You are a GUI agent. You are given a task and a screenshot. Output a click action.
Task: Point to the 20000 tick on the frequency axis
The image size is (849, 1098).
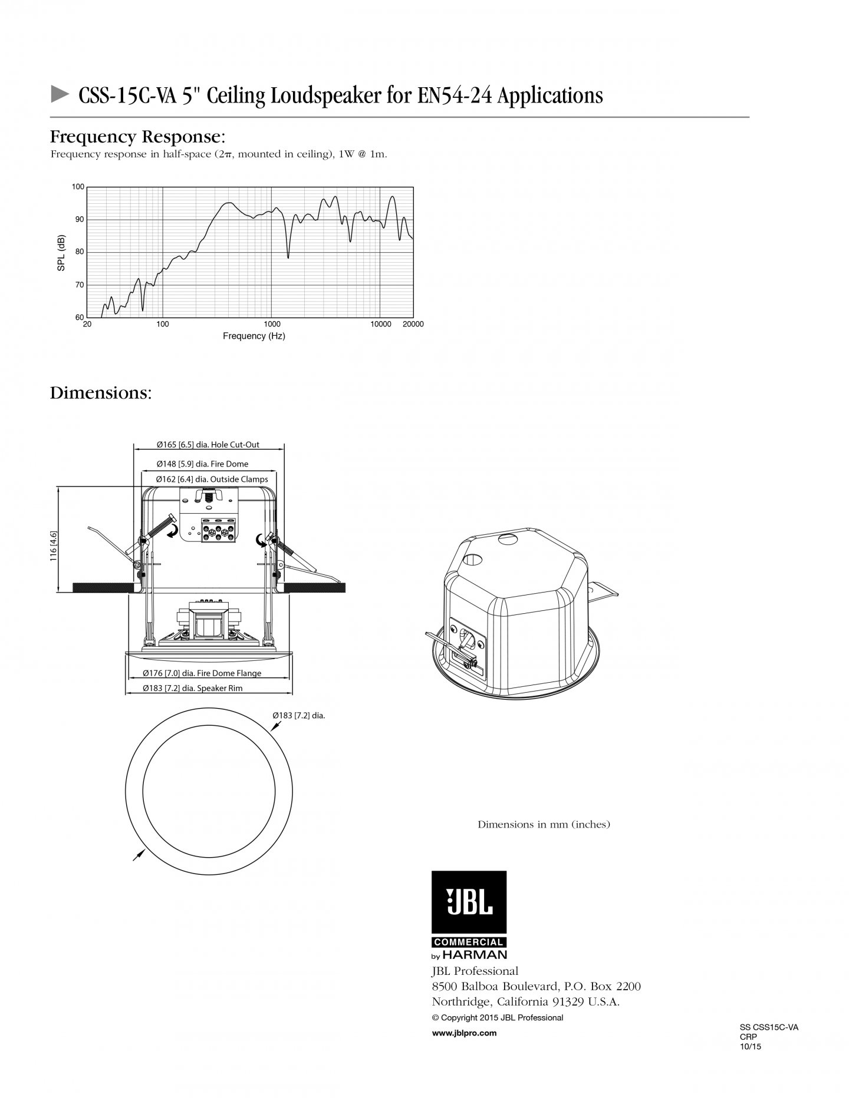[x=412, y=324]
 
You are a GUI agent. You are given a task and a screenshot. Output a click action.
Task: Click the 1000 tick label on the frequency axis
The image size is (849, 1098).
[x=272, y=324]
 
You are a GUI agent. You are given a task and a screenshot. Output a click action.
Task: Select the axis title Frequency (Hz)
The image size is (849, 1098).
[x=254, y=336]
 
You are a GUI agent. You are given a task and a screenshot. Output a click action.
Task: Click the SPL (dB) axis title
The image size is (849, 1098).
[x=61, y=253]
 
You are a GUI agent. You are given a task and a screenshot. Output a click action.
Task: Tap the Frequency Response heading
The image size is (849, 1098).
[x=137, y=137]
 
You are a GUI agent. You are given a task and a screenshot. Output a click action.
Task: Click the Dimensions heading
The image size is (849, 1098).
[x=101, y=393]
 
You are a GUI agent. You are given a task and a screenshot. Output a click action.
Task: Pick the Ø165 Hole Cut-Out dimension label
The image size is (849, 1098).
[x=208, y=445]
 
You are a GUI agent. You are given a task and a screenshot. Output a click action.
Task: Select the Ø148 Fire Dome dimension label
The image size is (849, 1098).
[x=202, y=464]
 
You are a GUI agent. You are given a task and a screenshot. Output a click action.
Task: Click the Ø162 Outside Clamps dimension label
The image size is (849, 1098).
[x=212, y=479]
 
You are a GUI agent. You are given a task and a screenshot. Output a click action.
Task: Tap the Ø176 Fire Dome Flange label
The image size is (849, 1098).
[x=202, y=673]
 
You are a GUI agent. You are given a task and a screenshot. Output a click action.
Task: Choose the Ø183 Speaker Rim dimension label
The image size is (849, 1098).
[x=192, y=688]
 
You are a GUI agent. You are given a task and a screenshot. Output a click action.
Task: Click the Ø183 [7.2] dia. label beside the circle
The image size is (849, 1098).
[x=298, y=716]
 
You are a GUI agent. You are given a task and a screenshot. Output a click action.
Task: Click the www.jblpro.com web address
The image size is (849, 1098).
[x=464, y=1033]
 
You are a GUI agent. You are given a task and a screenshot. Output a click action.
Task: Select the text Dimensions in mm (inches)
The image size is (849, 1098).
[x=544, y=825]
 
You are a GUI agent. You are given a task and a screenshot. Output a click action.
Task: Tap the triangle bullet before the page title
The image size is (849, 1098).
[x=59, y=94]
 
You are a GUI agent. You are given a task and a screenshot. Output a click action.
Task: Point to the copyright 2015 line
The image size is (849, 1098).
[x=498, y=1017]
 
